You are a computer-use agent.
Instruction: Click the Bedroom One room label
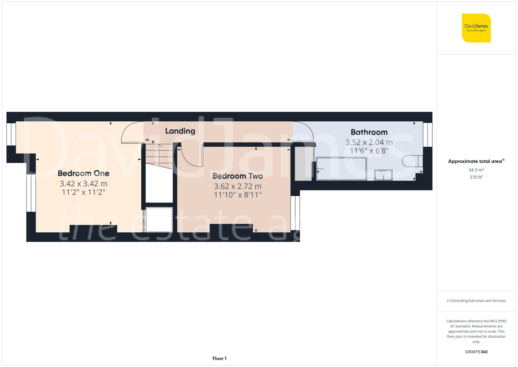pyautogui.click(x=83, y=173)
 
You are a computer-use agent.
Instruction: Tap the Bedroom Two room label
pyautogui.click(x=238, y=176)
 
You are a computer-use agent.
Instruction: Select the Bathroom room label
pyautogui.click(x=369, y=132)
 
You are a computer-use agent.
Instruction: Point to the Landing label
pyautogui.click(x=180, y=131)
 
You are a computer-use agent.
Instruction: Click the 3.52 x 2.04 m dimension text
pyautogui.click(x=369, y=142)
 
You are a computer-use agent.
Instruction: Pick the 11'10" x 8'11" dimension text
pyautogui.click(x=238, y=195)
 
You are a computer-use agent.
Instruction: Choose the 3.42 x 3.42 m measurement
pyautogui.click(x=83, y=184)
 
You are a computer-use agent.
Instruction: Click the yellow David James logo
pyautogui.click(x=476, y=28)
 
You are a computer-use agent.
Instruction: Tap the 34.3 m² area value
pyautogui.click(x=476, y=170)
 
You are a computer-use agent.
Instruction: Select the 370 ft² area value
pyautogui.click(x=476, y=177)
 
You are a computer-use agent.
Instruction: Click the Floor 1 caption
pyautogui.click(x=219, y=358)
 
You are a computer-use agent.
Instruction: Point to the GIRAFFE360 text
pyautogui.click(x=476, y=352)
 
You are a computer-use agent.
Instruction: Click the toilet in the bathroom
pyautogui.click(x=412, y=161)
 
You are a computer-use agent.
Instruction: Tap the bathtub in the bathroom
pyautogui.click(x=341, y=169)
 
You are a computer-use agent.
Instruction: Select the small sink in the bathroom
pyautogui.click(x=383, y=175)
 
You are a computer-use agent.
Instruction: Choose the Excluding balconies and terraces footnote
pyautogui.click(x=476, y=301)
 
